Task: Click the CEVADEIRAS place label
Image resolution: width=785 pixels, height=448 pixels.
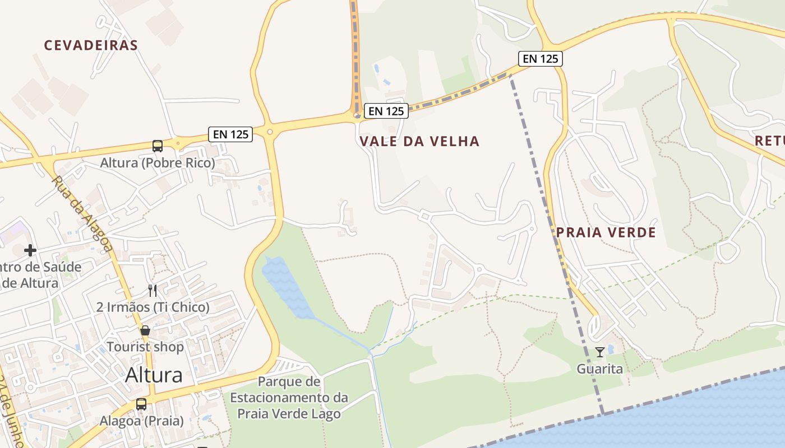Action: [x=91, y=45]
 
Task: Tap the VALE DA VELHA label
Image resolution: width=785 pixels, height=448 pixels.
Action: [x=419, y=141]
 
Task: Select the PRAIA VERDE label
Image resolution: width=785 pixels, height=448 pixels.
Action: [x=606, y=232]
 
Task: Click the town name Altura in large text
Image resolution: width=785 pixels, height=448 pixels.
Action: [x=154, y=375]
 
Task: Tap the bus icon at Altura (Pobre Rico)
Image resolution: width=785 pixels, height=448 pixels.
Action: [x=158, y=146]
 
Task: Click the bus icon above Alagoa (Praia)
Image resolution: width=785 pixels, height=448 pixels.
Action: [x=141, y=404]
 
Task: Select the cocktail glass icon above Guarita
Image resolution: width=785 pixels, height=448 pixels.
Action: [x=600, y=352]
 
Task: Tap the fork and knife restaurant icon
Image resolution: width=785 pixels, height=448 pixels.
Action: [x=153, y=290]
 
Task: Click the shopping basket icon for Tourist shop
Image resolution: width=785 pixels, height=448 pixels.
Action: [x=145, y=330]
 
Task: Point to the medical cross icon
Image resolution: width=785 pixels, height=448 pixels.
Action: [x=30, y=250]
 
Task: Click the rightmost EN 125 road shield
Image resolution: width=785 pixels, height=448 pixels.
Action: [x=541, y=58]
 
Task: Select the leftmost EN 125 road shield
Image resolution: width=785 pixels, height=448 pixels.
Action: [x=230, y=134]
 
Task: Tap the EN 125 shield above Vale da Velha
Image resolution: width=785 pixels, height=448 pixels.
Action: [x=386, y=111]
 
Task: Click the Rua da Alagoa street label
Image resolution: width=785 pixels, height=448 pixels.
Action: [x=82, y=214]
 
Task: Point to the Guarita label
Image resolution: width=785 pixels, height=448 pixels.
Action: [x=600, y=369]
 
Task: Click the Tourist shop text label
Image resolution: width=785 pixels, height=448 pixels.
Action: [x=145, y=347]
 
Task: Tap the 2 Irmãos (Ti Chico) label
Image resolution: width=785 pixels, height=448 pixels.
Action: [x=153, y=307]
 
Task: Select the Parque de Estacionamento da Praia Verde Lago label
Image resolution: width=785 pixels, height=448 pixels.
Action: [x=289, y=398]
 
